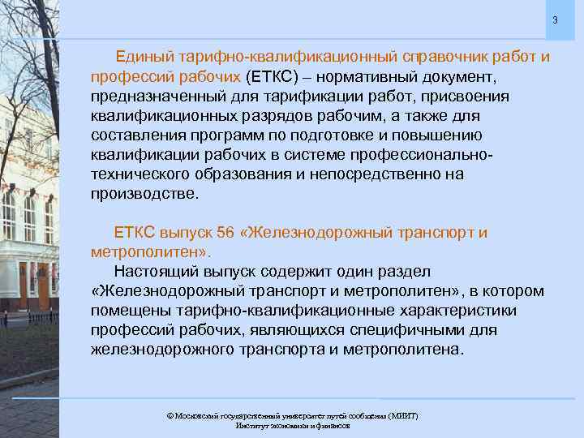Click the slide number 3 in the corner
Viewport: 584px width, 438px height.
[x=556, y=19]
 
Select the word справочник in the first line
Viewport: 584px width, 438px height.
[x=446, y=58]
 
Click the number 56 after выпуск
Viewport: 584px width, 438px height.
[x=226, y=233]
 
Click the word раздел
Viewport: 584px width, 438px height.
[x=418, y=272]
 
